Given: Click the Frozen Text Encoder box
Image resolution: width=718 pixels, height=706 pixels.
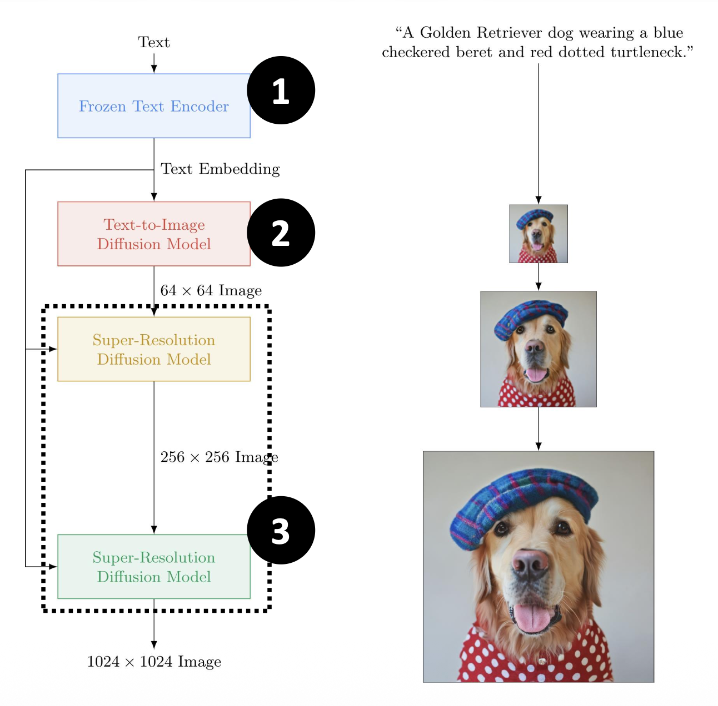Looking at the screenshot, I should (x=153, y=106).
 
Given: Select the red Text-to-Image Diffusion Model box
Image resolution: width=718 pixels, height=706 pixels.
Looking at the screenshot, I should (x=153, y=234).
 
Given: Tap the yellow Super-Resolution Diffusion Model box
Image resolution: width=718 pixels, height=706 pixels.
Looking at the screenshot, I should (x=153, y=349).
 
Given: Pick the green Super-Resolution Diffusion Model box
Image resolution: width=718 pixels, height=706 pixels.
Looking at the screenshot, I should (x=153, y=567).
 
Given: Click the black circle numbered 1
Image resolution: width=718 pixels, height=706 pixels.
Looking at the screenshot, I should (x=281, y=90).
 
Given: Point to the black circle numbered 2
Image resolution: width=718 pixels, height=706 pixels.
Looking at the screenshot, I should (x=281, y=233).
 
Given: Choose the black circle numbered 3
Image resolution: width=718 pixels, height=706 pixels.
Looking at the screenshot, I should (x=281, y=530).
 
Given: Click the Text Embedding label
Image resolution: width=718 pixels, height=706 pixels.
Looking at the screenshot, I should (x=220, y=169).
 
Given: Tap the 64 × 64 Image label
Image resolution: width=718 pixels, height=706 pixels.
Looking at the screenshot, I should (x=211, y=290).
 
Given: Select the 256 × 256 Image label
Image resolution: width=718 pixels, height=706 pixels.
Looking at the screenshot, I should (x=219, y=457).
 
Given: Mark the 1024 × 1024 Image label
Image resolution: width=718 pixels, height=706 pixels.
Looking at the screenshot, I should (x=154, y=662).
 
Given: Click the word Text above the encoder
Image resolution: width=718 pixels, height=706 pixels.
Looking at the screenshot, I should (x=154, y=42).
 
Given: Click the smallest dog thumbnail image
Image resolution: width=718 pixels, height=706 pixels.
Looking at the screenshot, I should (x=538, y=234).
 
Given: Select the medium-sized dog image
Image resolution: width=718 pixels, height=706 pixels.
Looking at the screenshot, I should (x=538, y=349).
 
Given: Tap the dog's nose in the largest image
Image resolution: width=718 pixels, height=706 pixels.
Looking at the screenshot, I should (x=531, y=563).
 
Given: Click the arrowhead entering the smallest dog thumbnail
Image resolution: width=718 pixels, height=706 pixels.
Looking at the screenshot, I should (x=538, y=200).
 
